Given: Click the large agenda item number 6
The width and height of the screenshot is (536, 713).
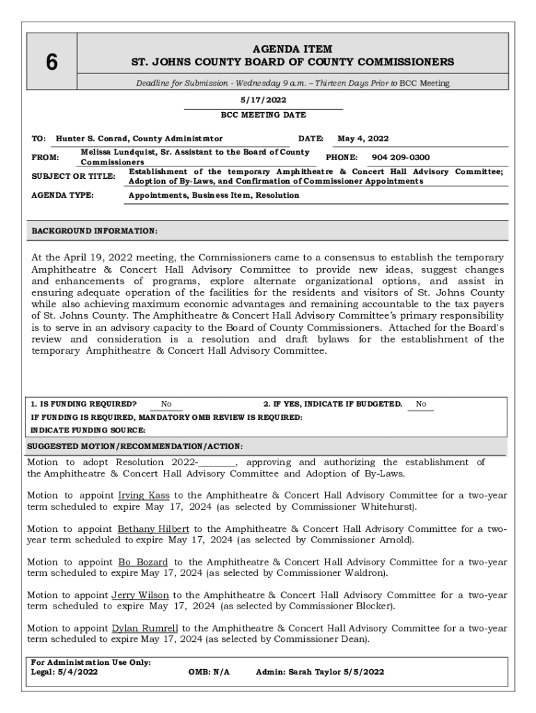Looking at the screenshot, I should pos(52,62).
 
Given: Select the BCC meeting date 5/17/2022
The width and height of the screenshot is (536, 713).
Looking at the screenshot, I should pos(263,100).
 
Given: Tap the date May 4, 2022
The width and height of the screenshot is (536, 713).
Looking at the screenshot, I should pos(363,139).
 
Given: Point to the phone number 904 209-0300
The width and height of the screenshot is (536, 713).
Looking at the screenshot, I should pos(400,157).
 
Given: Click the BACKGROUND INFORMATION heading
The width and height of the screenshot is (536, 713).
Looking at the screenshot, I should pos(95,230).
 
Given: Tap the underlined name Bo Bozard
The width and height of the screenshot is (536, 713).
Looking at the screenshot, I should pos(143,562).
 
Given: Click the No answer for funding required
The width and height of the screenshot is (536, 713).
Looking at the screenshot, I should pos(166,405).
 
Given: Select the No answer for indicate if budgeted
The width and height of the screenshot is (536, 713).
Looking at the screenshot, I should pos(420,405).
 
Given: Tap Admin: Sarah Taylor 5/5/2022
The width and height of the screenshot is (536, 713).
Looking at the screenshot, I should pos(320,672).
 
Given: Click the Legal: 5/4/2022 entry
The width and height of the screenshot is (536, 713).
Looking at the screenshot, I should pos(64,672).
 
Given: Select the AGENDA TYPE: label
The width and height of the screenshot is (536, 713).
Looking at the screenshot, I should pos(63,196).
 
